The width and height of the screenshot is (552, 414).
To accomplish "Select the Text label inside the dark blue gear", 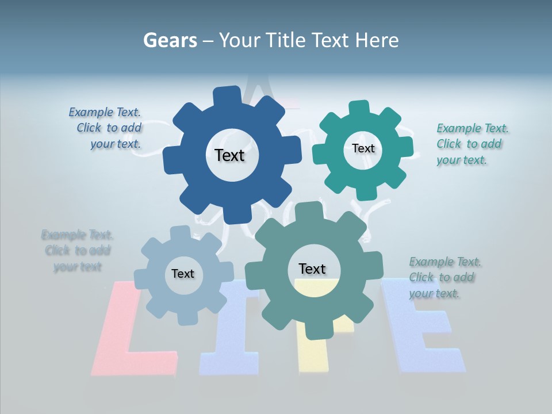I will [229, 155].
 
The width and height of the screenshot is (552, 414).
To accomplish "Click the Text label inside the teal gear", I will [363, 148].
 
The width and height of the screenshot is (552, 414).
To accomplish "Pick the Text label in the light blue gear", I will [183, 274].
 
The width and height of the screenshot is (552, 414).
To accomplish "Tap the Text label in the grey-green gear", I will [312, 269].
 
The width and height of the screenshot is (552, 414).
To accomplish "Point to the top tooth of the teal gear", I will [359, 109].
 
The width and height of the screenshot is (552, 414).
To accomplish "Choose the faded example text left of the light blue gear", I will [78, 251].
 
